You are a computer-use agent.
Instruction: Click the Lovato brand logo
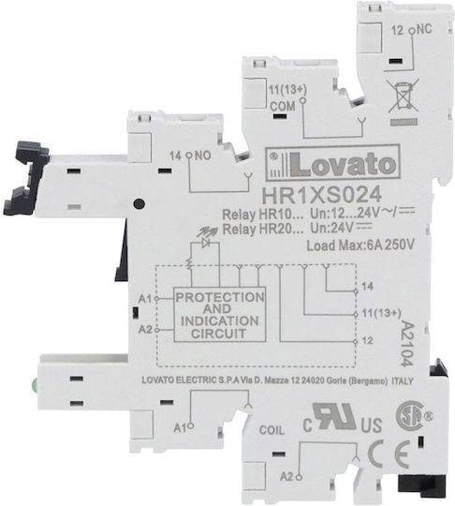[x=332, y=163]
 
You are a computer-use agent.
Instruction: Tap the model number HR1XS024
[x=321, y=195]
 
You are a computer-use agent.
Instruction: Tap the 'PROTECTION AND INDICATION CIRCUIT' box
[x=220, y=314]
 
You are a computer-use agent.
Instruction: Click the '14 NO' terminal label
[x=190, y=156]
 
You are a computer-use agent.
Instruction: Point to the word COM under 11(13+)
[x=283, y=106]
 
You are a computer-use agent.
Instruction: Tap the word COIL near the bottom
[x=272, y=430]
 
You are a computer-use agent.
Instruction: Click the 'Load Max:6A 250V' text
[x=360, y=246]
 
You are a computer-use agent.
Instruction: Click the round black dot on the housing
[x=139, y=203]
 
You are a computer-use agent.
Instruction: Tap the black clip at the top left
[x=26, y=178]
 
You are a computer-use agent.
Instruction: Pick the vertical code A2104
[x=407, y=343]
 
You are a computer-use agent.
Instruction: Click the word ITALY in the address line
[x=403, y=381]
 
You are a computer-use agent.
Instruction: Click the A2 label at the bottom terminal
[x=286, y=476]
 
